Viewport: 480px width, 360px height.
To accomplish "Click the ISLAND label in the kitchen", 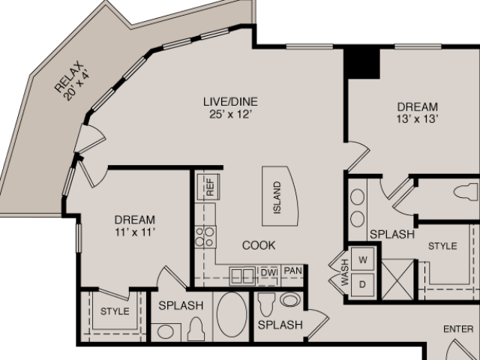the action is [x=277, y=197].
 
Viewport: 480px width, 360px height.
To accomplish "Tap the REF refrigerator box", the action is [x=208, y=187].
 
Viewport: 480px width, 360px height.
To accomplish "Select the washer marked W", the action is [x=362, y=259].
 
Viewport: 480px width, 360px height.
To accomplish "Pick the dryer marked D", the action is [x=362, y=285].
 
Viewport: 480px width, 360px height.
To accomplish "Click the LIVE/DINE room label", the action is [x=230, y=101].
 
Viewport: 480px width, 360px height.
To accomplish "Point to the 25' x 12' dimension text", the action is [x=230, y=115].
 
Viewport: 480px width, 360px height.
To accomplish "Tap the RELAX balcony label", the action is [x=69, y=76].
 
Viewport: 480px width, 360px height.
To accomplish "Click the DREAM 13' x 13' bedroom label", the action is [x=418, y=106].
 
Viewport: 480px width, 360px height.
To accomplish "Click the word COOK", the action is [x=259, y=245].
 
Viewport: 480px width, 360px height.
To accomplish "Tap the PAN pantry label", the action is [x=293, y=271].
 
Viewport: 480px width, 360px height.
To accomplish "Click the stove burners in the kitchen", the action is [x=205, y=237].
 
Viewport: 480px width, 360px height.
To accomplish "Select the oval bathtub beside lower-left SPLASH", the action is [x=232, y=314].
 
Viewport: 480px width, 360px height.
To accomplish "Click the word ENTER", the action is [x=458, y=329].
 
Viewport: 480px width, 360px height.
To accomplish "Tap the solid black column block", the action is [x=361, y=63].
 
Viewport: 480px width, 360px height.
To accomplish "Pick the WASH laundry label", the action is [x=345, y=272].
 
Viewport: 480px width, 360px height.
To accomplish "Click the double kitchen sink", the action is [x=242, y=276].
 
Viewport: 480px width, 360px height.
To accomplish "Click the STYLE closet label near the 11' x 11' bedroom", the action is [x=115, y=311].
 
